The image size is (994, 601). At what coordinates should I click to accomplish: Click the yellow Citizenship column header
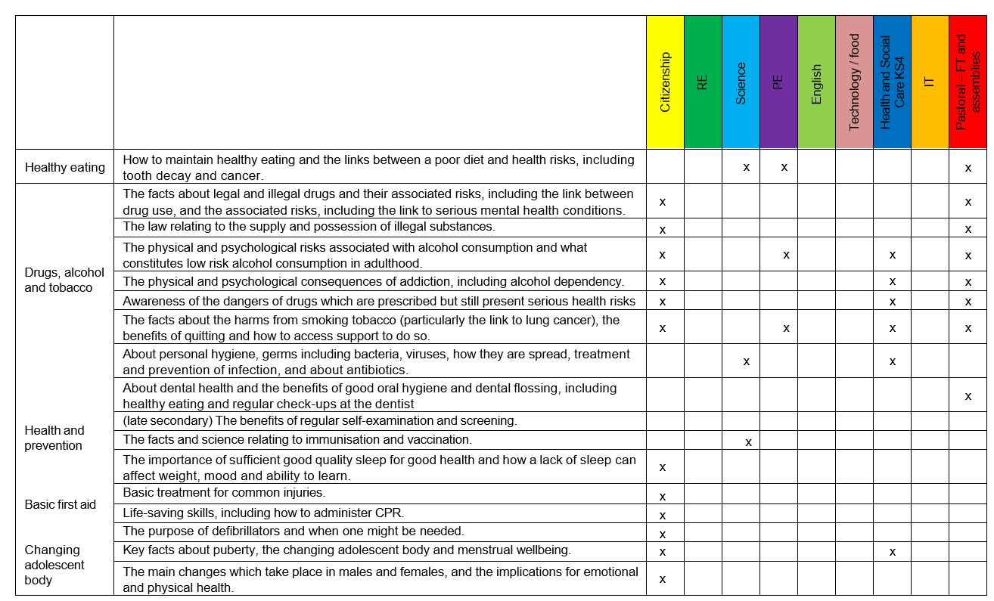pos(665,82)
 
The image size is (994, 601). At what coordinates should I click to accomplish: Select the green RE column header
pos(703,82)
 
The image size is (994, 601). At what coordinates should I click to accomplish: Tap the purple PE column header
pos(778,82)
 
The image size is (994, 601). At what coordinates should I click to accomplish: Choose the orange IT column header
pos(930,82)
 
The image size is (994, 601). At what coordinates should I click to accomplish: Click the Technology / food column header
pos(854,82)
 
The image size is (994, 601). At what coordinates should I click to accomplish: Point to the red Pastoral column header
pos(968,82)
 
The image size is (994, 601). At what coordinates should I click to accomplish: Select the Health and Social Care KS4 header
pos(892,82)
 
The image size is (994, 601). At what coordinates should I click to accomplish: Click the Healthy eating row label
pos(64,168)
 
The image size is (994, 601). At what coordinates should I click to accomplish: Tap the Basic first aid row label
pos(61,504)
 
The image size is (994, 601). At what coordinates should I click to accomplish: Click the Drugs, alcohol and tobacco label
pos(64,280)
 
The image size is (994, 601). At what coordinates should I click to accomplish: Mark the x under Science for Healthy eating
pos(747,168)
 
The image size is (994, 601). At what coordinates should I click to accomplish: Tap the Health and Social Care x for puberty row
pos(893,552)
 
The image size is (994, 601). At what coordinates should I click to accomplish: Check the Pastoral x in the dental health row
pos(968,396)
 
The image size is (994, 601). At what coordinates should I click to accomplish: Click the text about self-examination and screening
pos(319,421)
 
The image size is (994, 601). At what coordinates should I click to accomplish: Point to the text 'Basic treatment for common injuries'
pos(224,493)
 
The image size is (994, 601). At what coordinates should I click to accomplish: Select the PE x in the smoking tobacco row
pos(787,328)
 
